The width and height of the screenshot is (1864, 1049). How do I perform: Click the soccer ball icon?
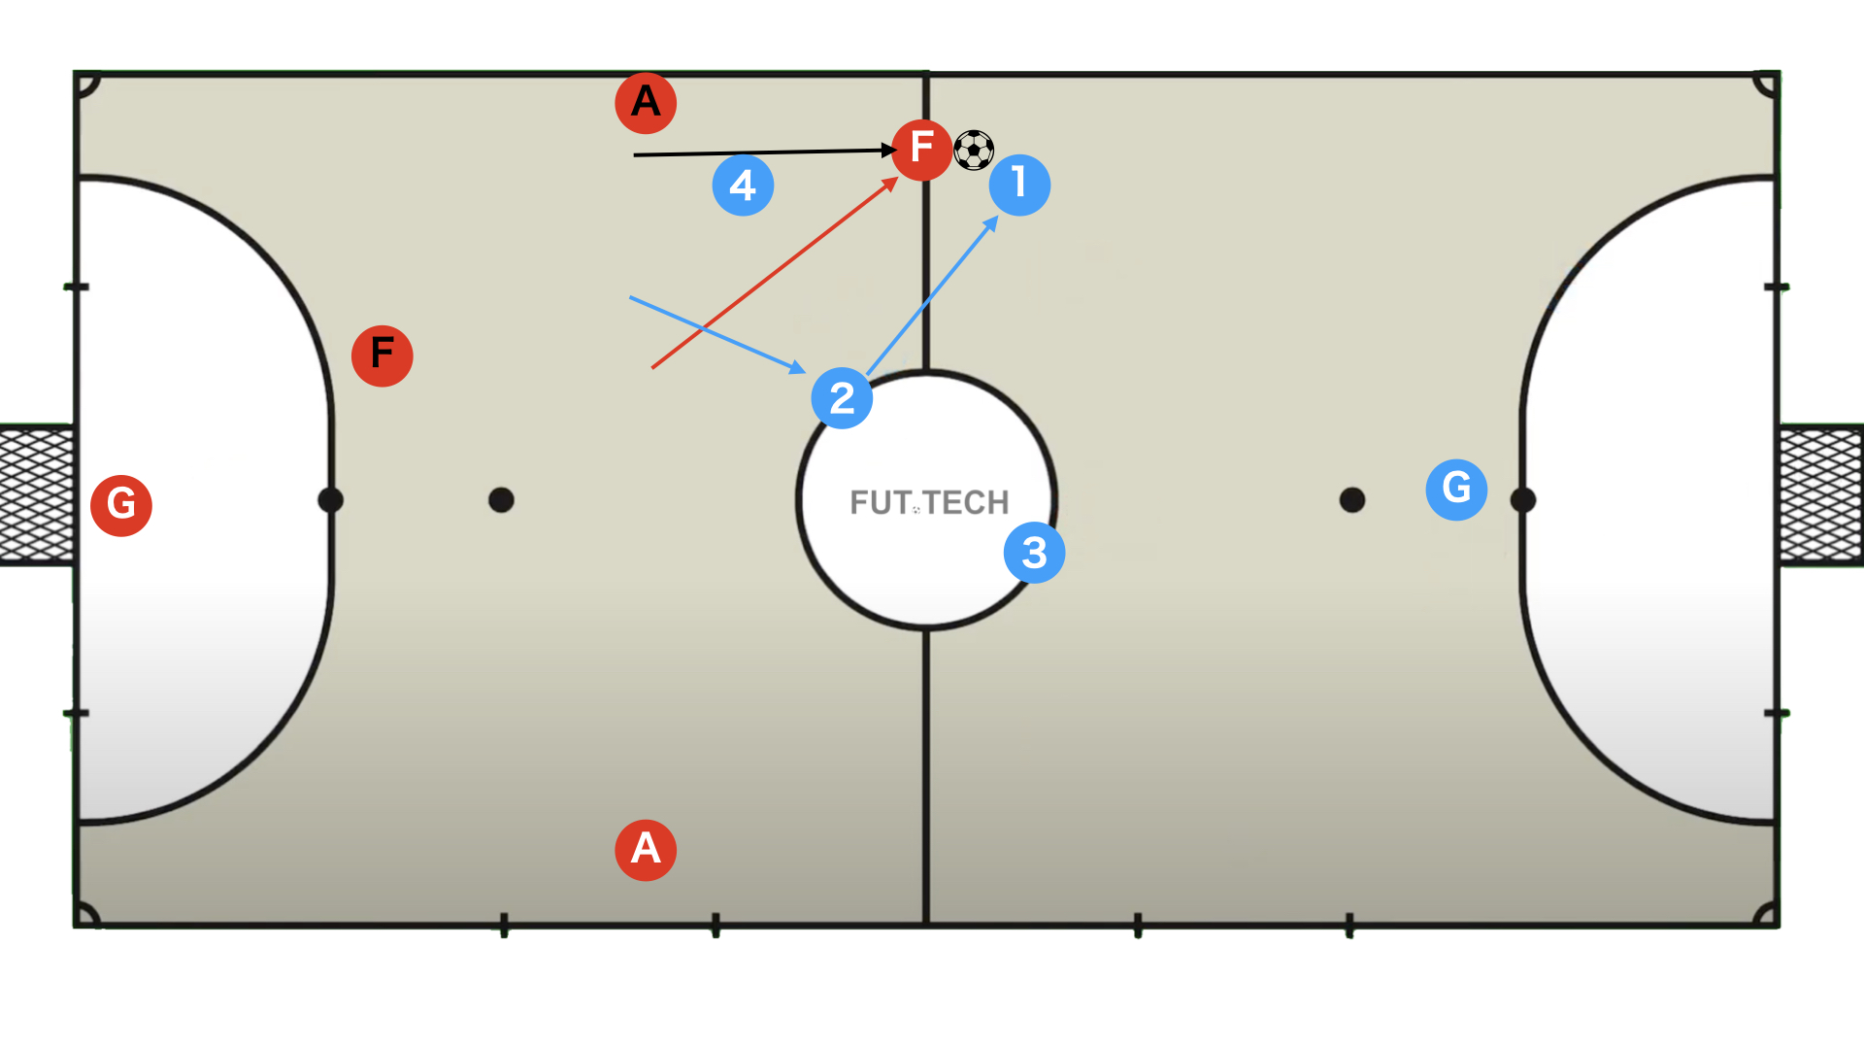(x=974, y=151)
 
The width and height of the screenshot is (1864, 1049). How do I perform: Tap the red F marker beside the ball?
(x=921, y=150)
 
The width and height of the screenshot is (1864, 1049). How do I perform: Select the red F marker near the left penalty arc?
(x=382, y=355)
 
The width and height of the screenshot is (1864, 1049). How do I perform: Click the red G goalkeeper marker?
(x=121, y=505)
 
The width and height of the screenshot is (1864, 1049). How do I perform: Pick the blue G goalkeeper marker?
(x=1456, y=490)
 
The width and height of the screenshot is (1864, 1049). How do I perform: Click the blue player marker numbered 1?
(x=1019, y=185)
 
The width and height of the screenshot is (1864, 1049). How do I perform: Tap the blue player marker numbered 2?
(x=842, y=398)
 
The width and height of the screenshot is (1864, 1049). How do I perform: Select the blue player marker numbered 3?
(x=1034, y=553)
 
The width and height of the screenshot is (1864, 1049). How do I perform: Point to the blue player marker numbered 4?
(x=743, y=185)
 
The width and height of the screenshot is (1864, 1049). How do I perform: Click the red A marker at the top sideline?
(x=646, y=102)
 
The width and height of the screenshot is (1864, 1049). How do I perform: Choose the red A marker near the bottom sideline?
(x=646, y=850)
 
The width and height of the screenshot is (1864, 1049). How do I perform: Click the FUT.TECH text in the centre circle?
(x=929, y=502)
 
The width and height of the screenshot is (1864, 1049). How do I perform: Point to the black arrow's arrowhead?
(x=888, y=150)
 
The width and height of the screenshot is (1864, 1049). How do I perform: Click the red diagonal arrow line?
(x=772, y=275)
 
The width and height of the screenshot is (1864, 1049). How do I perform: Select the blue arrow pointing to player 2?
(x=718, y=334)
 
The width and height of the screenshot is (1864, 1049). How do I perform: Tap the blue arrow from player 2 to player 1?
(x=932, y=296)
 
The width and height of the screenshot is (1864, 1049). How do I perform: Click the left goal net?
(x=37, y=495)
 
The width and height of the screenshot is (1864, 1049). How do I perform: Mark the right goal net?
(x=1820, y=495)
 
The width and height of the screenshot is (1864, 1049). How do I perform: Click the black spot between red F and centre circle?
(x=501, y=500)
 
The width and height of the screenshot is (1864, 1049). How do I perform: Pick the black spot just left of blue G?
(x=1352, y=500)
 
